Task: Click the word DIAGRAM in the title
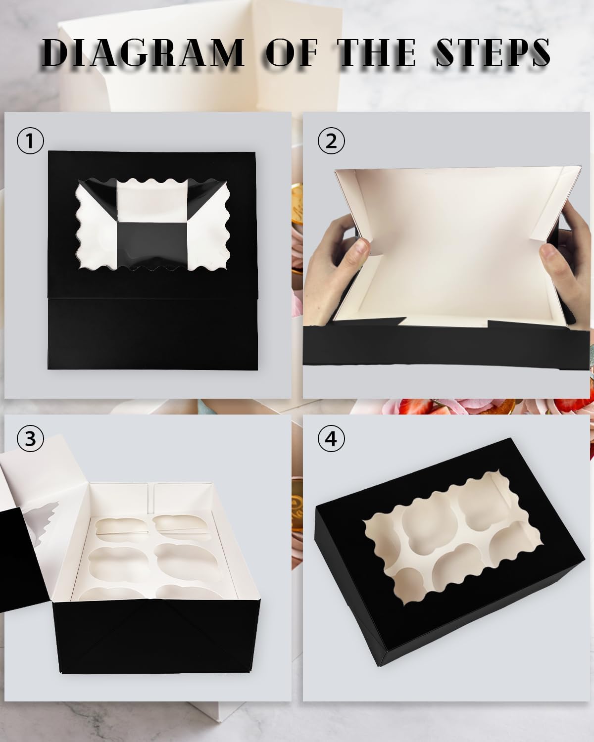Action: pos(144,52)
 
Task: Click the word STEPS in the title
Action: pos(493,52)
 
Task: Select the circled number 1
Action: pos(31,141)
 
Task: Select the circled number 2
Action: pos(331,141)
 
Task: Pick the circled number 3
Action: pos(31,438)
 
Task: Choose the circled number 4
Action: pos(331,438)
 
